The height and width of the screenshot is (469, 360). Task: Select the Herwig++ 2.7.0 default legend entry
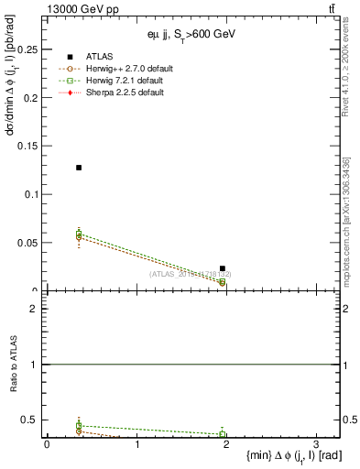click(x=125, y=69)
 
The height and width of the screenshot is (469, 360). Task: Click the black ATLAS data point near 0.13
click(x=79, y=168)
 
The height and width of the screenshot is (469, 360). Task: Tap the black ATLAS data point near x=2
click(x=223, y=268)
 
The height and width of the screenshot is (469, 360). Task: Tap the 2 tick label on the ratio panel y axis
click(x=33, y=309)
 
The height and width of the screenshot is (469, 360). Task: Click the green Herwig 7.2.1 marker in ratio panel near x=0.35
click(x=79, y=425)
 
